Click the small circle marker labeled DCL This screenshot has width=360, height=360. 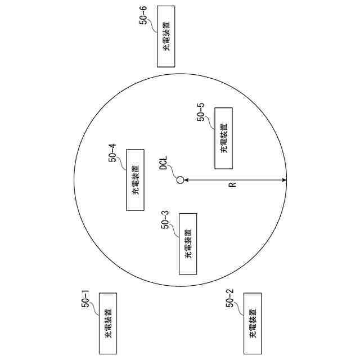[x=180, y=181]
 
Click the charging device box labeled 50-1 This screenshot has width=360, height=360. [x=107, y=323]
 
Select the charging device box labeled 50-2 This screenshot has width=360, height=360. [x=253, y=323]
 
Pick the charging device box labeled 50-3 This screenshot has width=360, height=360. [x=188, y=244]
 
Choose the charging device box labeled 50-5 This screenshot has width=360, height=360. [x=224, y=138]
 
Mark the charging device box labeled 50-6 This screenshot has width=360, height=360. [x=166, y=37]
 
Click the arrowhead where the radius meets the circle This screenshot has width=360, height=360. [x=283, y=181]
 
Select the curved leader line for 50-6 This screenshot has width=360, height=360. [x=154, y=24]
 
